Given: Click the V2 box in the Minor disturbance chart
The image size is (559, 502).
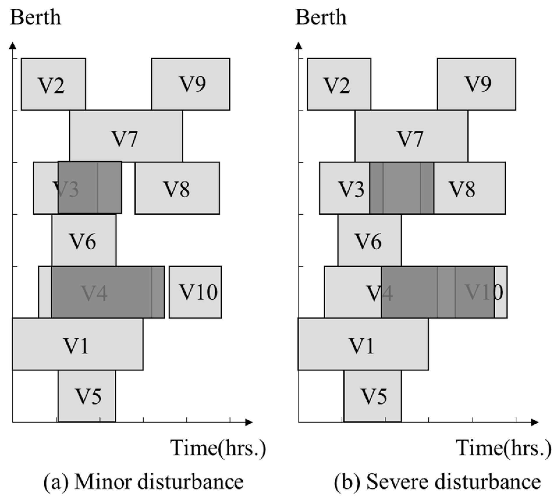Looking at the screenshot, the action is pyautogui.click(x=54, y=84).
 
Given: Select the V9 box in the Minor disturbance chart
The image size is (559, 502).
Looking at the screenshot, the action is pyautogui.click(x=191, y=84).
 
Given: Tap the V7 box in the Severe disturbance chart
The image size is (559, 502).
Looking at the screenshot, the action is pyautogui.click(x=411, y=136).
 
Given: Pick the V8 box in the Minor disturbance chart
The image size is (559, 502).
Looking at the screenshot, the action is pyautogui.click(x=177, y=188).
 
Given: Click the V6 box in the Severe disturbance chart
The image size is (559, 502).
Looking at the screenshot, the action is pyautogui.click(x=370, y=240).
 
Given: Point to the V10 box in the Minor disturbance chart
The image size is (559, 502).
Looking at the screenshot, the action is pyautogui.click(x=195, y=292).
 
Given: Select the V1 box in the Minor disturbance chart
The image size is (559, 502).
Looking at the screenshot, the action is pyautogui.click(x=77, y=344).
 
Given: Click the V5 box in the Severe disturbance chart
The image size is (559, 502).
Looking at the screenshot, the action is pyautogui.click(x=373, y=396).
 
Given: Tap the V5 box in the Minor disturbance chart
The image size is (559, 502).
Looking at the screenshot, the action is pyautogui.click(x=87, y=396).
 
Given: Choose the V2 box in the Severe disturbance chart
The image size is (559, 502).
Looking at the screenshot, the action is pyautogui.click(x=339, y=84).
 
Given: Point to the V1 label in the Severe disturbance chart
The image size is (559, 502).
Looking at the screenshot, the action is pyautogui.click(x=362, y=346).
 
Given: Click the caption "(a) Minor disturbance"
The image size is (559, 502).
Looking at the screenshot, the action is pyautogui.click(x=143, y=482).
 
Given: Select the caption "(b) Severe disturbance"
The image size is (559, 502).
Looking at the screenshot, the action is pyautogui.click(x=437, y=482).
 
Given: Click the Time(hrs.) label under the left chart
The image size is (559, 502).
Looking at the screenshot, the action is pyautogui.click(x=218, y=448).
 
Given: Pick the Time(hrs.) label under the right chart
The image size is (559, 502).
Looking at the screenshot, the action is pyautogui.click(x=504, y=448).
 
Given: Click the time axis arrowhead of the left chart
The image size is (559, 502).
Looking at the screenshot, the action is pyautogui.click(x=249, y=422).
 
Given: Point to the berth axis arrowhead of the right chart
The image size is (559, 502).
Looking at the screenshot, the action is pyautogui.click(x=299, y=46).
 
